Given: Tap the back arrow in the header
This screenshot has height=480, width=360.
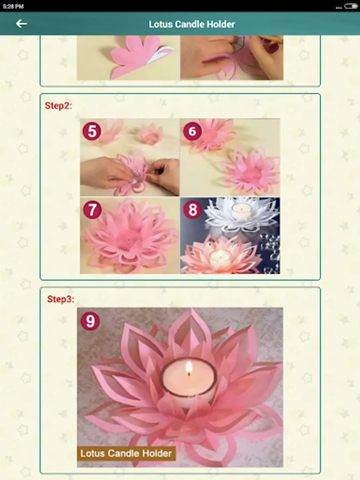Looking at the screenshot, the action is [21, 23].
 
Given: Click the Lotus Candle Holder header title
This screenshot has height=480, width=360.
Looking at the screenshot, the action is [191, 24].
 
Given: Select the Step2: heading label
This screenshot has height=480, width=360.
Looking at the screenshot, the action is [58, 106].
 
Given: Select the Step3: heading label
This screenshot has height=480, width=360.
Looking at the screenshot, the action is [61, 299].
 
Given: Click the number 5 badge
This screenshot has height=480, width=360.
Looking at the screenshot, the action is [92, 131].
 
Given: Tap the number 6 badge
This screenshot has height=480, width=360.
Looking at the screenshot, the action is [192, 131].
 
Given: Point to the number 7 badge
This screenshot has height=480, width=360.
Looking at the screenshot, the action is [92, 210].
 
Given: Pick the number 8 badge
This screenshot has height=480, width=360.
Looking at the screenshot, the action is [193, 210].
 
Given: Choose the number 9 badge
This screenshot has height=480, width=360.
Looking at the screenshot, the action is [90, 321].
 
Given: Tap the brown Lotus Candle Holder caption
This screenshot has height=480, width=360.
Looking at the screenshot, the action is [126, 453].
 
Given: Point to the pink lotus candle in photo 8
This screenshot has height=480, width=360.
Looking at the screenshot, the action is [220, 255].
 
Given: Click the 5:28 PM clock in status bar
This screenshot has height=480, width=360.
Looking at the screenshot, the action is [13, 6].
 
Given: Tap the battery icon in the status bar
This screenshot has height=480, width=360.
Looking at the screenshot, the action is [351, 6].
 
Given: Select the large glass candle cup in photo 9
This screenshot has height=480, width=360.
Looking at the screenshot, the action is [189, 382].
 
